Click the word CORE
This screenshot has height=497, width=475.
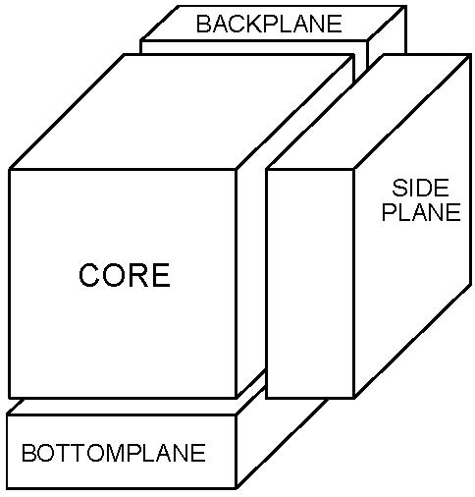pos(125,275)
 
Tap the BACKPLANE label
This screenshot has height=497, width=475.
pos(269,24)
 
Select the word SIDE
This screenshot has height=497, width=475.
pos(420,188)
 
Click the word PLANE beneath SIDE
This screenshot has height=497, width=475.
pos(421,212)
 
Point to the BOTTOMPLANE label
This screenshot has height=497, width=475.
pos(114,453)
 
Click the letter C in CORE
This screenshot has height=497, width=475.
pos(89,275)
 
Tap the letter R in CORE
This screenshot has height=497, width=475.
pos(137,275)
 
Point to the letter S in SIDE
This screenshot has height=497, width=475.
pos(398,188)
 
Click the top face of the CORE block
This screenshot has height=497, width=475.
pos(182,112)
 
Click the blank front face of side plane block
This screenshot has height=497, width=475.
pos(310,284)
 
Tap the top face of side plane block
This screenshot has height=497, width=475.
pos(370,112)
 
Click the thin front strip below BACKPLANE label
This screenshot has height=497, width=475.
pos(254,47)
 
